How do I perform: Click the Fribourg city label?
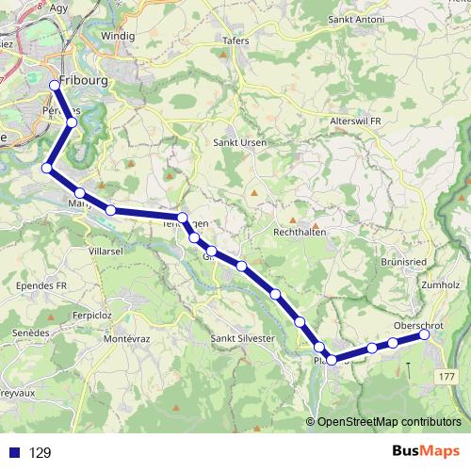tap(84, 81)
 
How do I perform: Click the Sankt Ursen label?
tap(240, 142)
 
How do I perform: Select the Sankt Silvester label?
tap(242, 338)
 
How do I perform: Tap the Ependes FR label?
tap(42, 284)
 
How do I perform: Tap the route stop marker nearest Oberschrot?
tap(425, 334)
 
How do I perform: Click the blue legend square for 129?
tap(14, 452)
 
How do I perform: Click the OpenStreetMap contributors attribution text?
tap(389, 421)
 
